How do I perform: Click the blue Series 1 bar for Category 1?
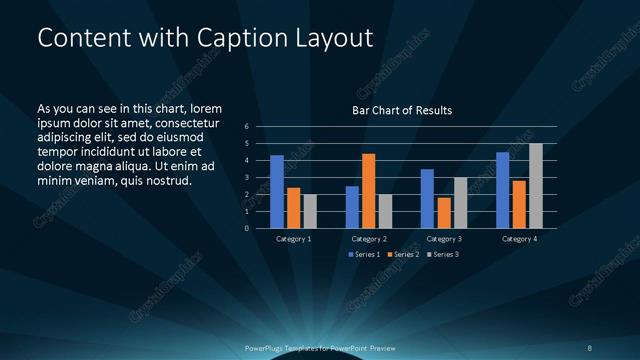point(277,191)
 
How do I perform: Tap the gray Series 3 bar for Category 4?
point(536,185)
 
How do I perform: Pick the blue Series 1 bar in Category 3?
point(427,198)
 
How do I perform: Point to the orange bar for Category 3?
point(443,212)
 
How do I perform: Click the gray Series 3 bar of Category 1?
point(310,211)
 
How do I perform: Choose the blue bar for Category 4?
point(503,190)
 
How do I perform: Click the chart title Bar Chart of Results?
point(402,109)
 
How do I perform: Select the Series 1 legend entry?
point(363,254)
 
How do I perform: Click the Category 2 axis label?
point(369,239)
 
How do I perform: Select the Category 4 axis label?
point(519,239)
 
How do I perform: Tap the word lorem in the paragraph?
point(204,107)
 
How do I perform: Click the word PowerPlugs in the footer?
point(264,348)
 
